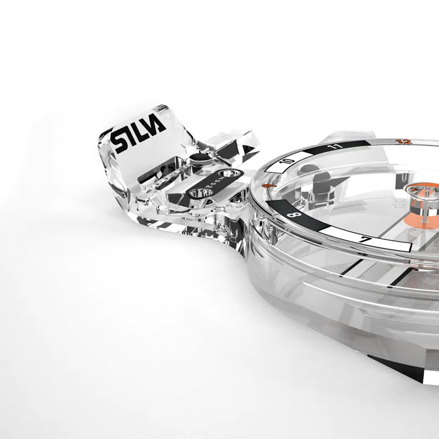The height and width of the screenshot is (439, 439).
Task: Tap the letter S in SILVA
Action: point(120,141)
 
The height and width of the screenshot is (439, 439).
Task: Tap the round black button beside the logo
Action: point(198,160)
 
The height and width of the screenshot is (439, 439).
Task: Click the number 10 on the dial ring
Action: point(289,161)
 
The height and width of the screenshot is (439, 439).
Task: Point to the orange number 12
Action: point(405,142)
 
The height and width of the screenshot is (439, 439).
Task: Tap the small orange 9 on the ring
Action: point(267,187)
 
